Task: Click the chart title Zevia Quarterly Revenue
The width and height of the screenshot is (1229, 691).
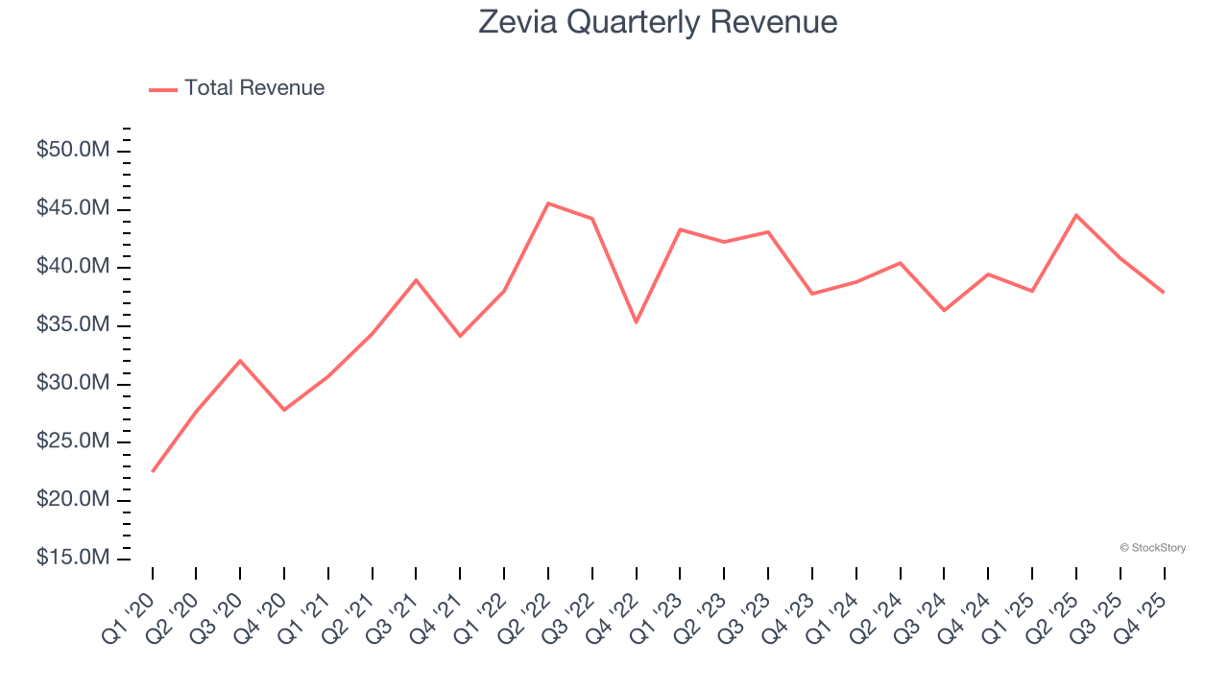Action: (x=658, y=22)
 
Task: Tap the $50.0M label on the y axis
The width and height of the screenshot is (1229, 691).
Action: (x=73, y=151)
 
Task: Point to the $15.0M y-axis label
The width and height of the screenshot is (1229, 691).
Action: (x=73, y=558)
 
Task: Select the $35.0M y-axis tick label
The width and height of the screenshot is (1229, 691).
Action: (x=73, y=325)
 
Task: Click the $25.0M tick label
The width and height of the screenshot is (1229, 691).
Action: (x=73, y=441)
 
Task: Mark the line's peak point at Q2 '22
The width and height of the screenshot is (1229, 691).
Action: (x=548, y=203)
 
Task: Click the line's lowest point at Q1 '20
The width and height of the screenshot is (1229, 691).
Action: (x=153, y=471)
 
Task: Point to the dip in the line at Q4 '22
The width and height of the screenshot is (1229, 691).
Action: (x=637, y=322)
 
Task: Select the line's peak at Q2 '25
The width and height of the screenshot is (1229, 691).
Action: (x=1076, y=215)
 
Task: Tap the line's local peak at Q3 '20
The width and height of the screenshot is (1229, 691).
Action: (x=240, y=361)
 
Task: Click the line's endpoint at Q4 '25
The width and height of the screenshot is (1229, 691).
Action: (x=1164, y=292)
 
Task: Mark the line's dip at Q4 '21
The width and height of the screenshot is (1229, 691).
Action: (x=460, y=336)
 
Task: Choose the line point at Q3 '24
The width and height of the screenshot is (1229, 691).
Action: (x=944, y=310)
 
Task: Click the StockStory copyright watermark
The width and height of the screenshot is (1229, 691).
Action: (x=1152, y=548)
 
